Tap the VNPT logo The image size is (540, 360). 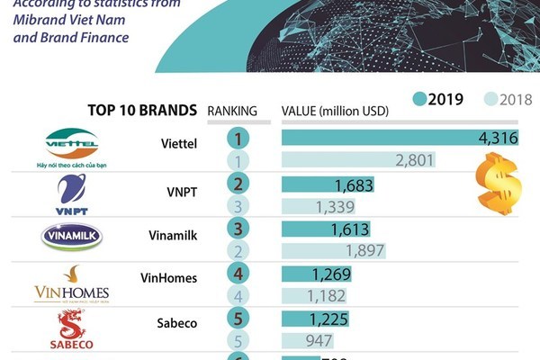[71, 193]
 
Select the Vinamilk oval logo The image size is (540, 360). [72, 237]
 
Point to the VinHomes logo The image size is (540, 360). [71, 283]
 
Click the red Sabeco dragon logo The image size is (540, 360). [71, 329]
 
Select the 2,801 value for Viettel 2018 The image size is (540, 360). [415, 160]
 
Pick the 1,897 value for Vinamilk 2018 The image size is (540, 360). [365, 249]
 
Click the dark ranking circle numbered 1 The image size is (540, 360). [238, 139]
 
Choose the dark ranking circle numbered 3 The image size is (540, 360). [238, 228]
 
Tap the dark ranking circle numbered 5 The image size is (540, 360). [238, 318]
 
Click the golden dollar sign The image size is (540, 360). [499, 183]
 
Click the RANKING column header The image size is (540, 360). [232, 111]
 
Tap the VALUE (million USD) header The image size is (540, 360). [334, 111]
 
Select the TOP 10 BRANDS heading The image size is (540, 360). [142, 110]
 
